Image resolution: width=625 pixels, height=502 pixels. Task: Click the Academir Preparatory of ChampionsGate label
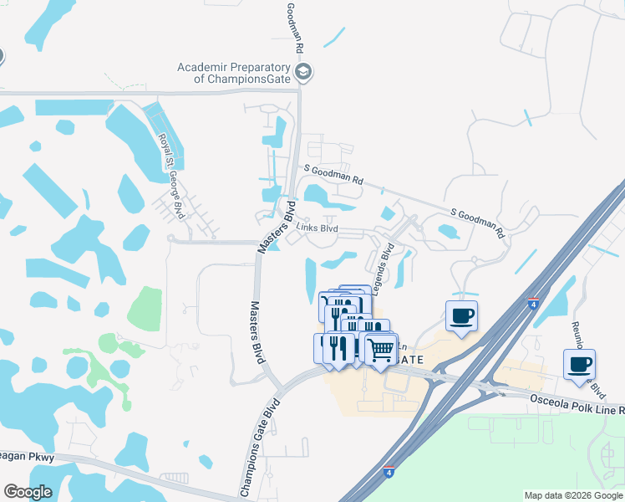(x=234, y=73)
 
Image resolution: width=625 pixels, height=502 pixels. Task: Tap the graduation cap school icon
(x=303, y=73)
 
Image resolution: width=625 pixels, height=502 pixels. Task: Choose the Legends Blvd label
(x=384, y=269)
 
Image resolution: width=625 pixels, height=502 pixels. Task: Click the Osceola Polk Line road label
(x=577, y=400)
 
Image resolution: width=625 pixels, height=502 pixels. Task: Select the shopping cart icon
(x=381, y=348)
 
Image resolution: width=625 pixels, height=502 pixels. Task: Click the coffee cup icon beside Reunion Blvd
(x=579, y=365)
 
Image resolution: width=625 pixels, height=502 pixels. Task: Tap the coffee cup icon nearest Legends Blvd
(x=461, y=316)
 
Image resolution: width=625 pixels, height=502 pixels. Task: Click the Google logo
(x=28, y=492)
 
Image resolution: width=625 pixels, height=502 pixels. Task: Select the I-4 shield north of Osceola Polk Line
(x=532, y=303)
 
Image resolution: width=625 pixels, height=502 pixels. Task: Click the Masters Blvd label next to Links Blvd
(x=277, y=226)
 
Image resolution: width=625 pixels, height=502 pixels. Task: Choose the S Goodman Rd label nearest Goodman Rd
(x=334, y=174)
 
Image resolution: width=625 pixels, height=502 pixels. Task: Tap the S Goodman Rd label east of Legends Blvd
(x=479, y=220)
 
